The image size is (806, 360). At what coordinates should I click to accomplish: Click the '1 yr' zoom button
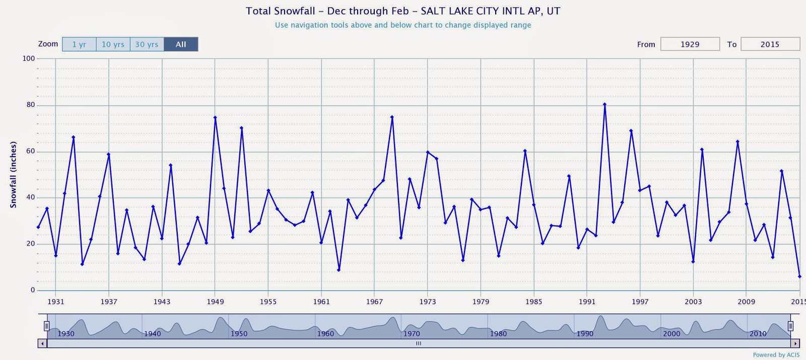(79, 44)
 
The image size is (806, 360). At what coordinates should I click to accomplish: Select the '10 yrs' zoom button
(113, 44)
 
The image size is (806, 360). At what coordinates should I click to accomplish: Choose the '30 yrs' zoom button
(147, 44)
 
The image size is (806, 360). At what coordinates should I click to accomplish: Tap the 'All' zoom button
(181, 44)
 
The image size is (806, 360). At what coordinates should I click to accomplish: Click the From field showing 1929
(690, 44)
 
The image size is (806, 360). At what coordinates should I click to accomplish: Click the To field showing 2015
(770, 44)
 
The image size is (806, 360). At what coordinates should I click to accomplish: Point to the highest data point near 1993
(604, 105)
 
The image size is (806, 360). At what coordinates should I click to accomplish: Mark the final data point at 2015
(799, 276)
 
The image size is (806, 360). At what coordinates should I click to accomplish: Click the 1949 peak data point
(215, 118)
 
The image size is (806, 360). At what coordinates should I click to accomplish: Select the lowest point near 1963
(339, 270)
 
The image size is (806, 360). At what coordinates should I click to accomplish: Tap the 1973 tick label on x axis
(428, 302)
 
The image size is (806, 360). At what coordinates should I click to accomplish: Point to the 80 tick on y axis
(31, 105)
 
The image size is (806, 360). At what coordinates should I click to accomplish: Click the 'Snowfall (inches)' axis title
(14, 174)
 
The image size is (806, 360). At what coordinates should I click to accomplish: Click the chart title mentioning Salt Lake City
(403, 11)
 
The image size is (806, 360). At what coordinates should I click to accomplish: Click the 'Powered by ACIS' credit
(776, 355)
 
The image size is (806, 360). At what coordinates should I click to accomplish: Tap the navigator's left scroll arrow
(43, 343)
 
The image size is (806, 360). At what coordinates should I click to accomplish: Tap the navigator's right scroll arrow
(795, 343)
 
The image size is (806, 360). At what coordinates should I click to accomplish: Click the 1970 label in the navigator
(412, 333)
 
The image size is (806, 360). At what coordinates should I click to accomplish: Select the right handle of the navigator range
(790, 326)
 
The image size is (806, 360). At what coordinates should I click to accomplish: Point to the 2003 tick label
(693, 302)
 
